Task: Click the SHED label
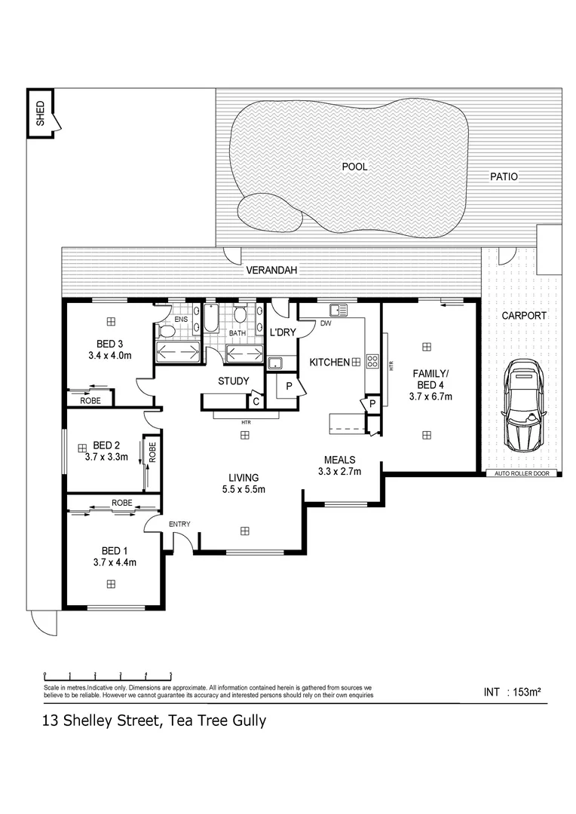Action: [x=40, y=113]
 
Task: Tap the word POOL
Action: [x=354, y=167]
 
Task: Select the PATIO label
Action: [x=504, y=176]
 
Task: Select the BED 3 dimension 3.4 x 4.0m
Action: [x=110, y=355]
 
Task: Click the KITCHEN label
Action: [x=329, y=363]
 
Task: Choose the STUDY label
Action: [x=233, y=381]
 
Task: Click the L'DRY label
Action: [x=282, y=332]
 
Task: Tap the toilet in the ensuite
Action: [x=167, y=330]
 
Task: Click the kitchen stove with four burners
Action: [x=372, y=361]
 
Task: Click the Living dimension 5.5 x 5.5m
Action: [x=244, y=490]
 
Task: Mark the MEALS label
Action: [x=340, y=460]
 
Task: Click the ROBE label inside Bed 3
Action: [x=90, y=400]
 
